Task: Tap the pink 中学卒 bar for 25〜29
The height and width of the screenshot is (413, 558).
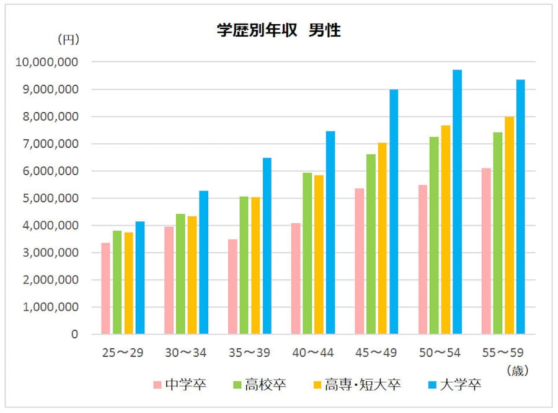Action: click(106, 288)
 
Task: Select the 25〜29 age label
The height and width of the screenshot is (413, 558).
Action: click(123, 353)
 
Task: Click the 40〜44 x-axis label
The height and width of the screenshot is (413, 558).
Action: click(312, 353)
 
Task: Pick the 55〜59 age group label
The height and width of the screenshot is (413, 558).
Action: click(503, 353)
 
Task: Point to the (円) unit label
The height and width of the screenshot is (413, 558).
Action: click(68, 40)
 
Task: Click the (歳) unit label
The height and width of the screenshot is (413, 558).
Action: click(516, 371)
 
